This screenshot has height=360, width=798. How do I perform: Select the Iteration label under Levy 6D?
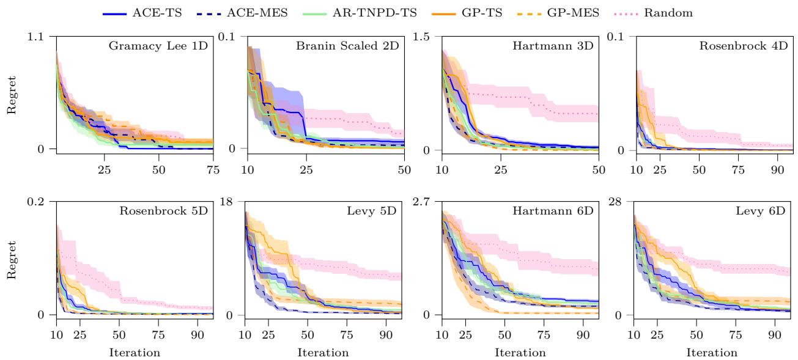[x=711, y=353]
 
